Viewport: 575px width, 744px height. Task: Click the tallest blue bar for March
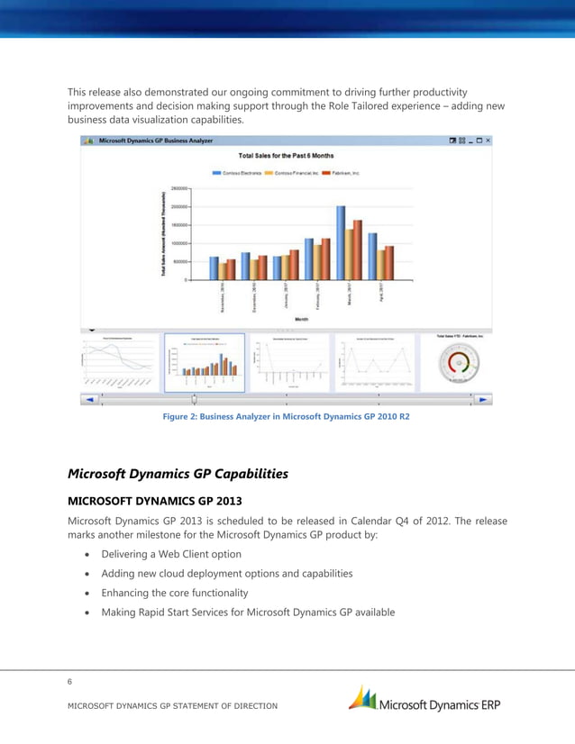341,242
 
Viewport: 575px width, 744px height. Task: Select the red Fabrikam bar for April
389,262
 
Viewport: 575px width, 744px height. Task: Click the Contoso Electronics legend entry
238,172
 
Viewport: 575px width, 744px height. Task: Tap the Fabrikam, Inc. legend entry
341,172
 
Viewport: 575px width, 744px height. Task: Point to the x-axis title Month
301,319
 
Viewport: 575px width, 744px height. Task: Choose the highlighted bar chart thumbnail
205,362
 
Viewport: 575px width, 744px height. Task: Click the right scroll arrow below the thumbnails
484,399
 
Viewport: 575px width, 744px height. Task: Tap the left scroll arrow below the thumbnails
88,399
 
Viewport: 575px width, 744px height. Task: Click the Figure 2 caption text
286,417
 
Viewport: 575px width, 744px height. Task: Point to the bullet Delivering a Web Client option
171,554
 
